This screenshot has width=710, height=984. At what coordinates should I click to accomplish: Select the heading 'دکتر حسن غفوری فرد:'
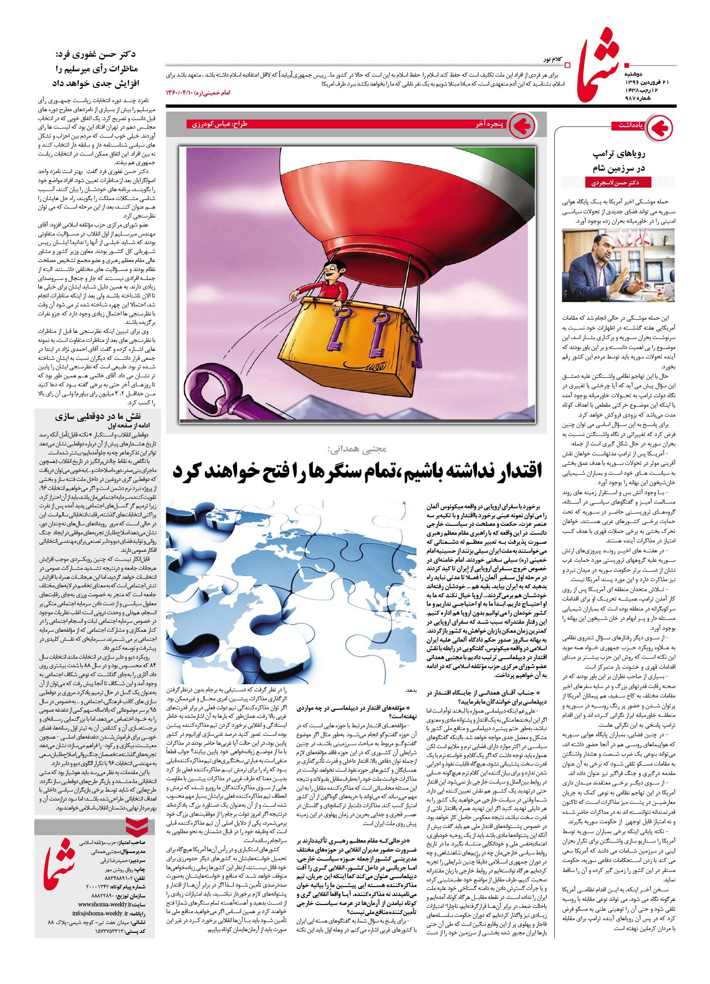98,55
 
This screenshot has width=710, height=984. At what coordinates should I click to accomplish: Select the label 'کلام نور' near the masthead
554,60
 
